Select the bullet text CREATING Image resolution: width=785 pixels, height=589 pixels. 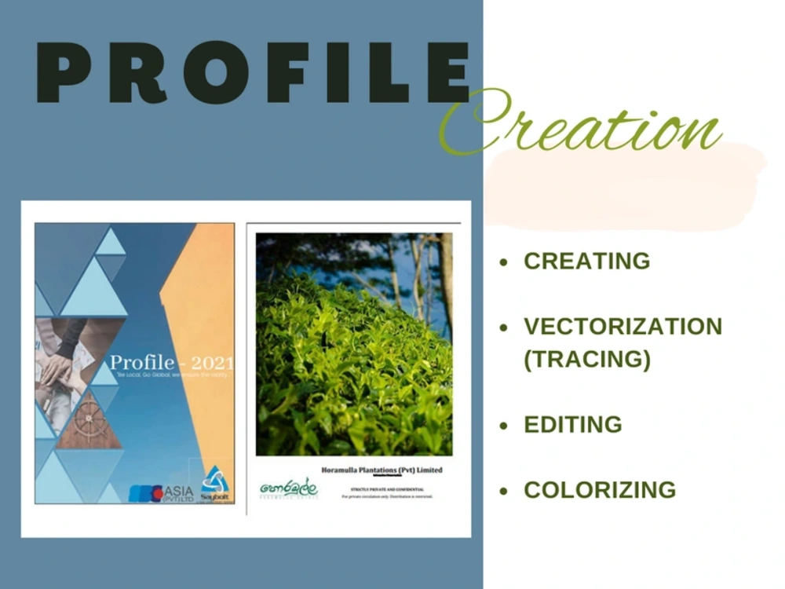pos(586,261)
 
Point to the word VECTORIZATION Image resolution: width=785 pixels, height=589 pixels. pos(623,326)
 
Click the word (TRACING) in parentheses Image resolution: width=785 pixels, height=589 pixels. pos(587,359)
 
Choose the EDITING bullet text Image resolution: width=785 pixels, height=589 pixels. pos(572,425)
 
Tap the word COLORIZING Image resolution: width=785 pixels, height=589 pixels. pos(600,490)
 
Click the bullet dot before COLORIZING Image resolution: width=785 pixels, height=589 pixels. pos(505,492)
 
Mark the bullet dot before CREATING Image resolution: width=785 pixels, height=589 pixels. pos(505,262)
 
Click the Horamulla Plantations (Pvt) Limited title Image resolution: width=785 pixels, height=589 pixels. pos(382,470)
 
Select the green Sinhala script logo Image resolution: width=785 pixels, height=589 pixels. pos(288,489)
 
